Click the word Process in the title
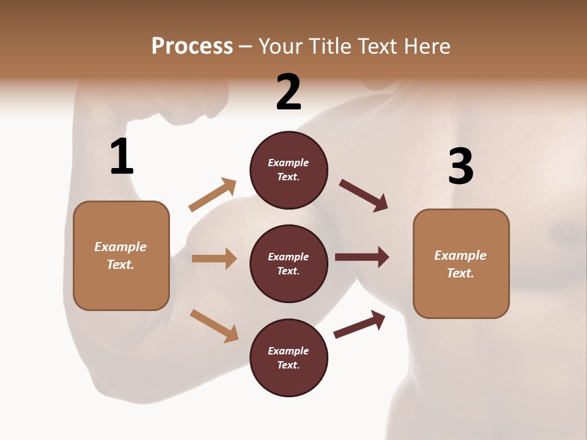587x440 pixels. (x=192, y=46)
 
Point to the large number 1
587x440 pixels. (x=122, y=157)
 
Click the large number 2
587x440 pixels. (x=289, y=92)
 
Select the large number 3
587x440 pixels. (x=460, y=166)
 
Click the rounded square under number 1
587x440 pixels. (x=121, y=255)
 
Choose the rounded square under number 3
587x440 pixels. (x=461, y=264)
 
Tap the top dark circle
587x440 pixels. (x=289, y=170)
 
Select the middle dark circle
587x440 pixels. (x=289, y=264)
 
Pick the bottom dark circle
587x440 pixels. (x=289, y=358)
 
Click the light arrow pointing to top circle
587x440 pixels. (x=213, y=195)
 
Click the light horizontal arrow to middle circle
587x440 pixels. (x=214, y=258)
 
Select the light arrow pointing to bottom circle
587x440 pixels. (x=214, y=325)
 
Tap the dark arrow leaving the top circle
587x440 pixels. (x=364, y=196)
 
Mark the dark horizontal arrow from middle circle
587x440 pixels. (x=362, y=257)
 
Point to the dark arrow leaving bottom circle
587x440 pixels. (x=360, y=324)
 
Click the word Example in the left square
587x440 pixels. (x=120, y=247)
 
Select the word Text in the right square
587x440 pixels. (x=460, y=273)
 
